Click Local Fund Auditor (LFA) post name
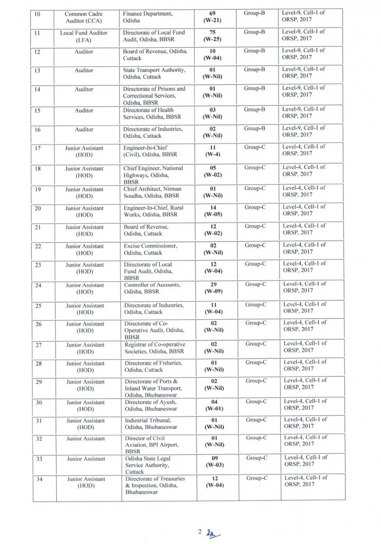(85, 36)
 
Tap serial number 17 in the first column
(37, 147)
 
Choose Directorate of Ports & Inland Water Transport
(154, 387)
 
